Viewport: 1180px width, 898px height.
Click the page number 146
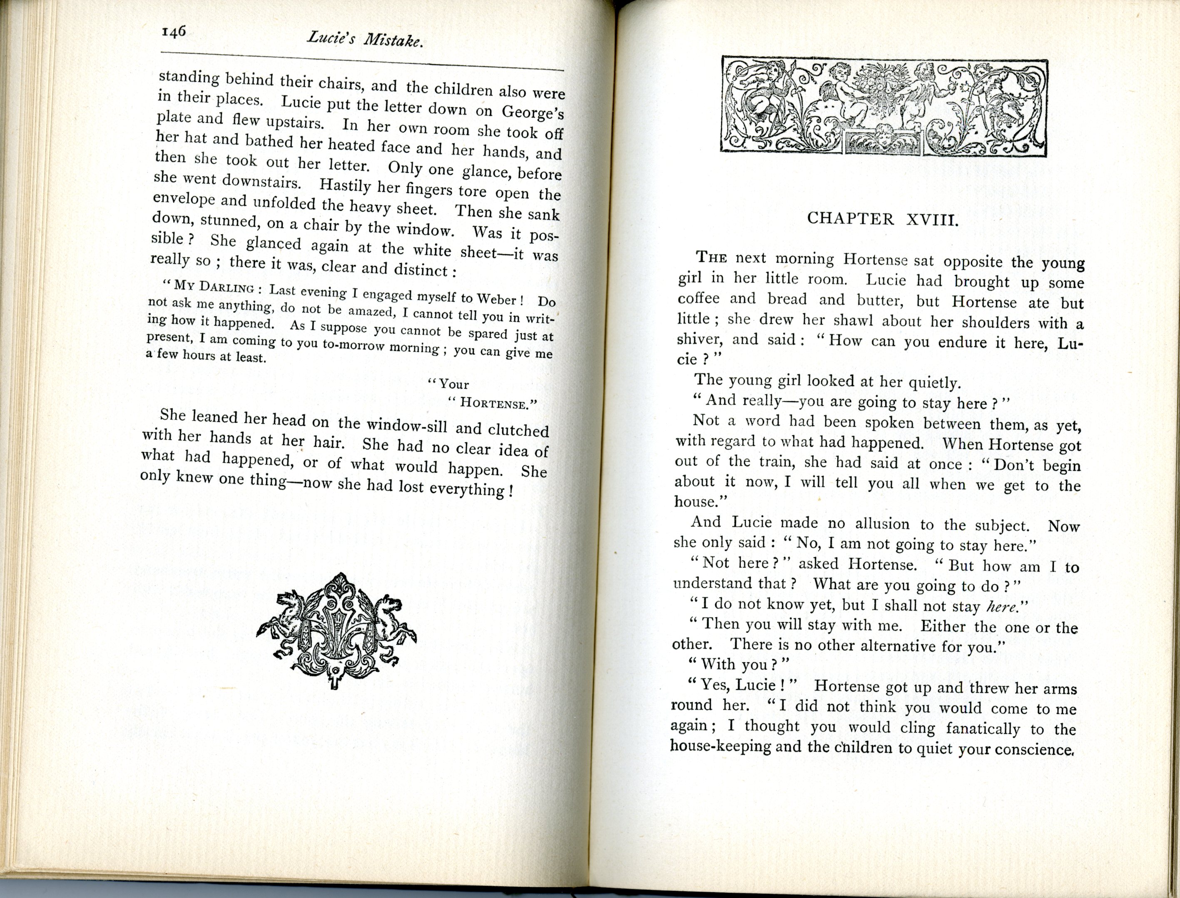(173, 32)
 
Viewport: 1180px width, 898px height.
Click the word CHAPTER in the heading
(850, 219)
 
